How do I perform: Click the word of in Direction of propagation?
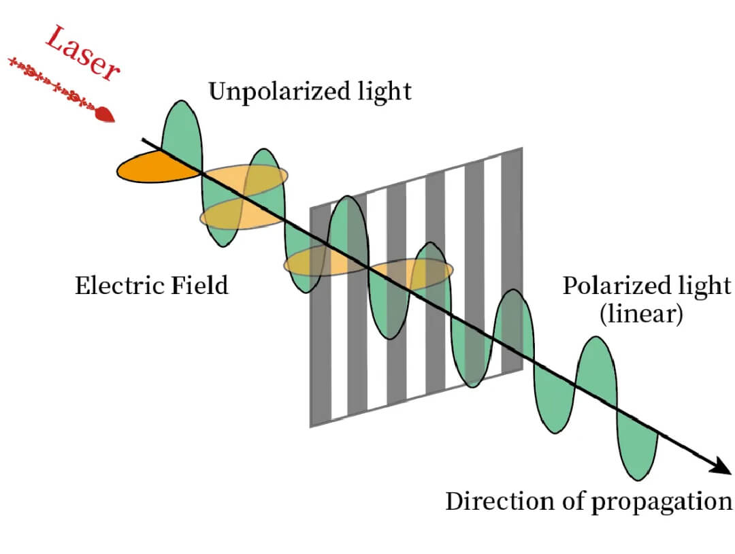(x=570, y=502)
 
